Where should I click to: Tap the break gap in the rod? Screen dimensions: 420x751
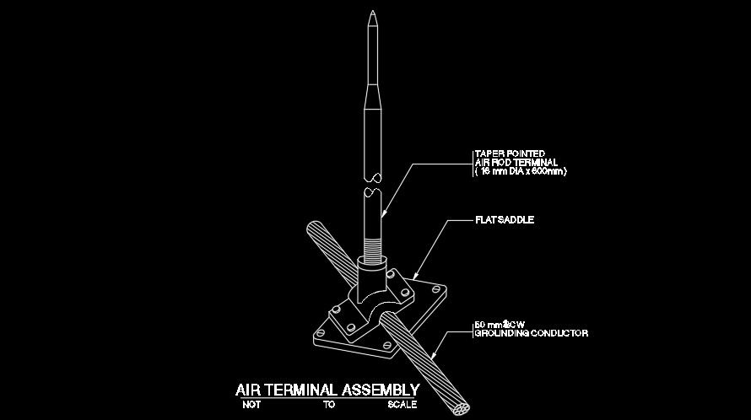(372, 185)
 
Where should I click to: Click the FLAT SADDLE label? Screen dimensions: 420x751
(505, 221)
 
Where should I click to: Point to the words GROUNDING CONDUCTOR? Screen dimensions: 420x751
(531, 334)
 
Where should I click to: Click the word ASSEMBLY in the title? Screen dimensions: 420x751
(380, 390)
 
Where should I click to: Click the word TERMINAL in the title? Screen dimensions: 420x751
(301, 390)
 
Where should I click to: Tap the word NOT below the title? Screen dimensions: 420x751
(250, 405)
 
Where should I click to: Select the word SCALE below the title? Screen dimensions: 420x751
(402, 405)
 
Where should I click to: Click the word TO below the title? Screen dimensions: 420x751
(328, 405)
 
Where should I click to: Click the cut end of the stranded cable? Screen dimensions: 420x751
(462, 408)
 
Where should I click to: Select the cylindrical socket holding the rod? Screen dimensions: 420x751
(372, 278)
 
